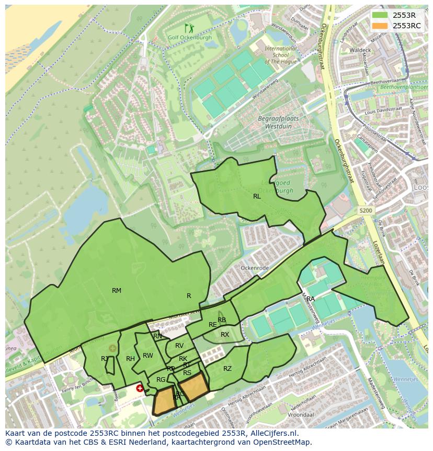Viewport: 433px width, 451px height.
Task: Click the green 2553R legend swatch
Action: pos(380,15)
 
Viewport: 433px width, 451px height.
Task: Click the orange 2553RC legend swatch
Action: pos(380,26)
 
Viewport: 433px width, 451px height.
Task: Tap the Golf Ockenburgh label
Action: pos(189,38)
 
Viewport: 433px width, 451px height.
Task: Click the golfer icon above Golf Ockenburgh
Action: pos(189,28)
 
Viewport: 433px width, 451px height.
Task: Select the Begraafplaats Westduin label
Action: pos(278,123)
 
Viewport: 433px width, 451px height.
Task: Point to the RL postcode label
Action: pos(257,196)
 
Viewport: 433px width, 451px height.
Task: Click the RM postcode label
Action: pos(117,290)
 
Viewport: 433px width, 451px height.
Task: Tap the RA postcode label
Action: pos(311,299)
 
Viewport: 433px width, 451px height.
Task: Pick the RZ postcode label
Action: pos(227,369)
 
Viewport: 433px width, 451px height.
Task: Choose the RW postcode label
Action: pos(148,356)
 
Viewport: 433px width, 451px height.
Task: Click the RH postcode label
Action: pos(130,359)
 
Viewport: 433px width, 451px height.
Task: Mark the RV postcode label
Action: pos(179,346)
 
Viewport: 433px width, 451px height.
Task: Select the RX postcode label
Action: pos(225,335)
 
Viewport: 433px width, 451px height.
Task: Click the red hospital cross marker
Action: pos(140,388)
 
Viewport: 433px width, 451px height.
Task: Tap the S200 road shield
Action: pos(366,211)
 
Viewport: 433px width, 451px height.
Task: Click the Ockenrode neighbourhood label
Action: pos(254,268)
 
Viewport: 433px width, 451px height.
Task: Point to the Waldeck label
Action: pos(360,50)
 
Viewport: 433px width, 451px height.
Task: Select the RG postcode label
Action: pos(161,380)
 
